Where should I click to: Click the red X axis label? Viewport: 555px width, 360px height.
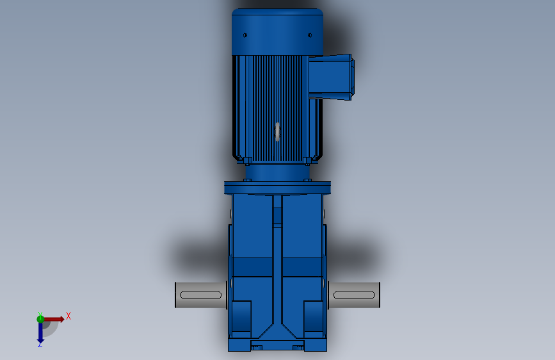[x=68, y=316]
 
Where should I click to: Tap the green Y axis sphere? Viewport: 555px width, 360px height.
[x=40, y=318]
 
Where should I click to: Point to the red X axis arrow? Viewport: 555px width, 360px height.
[x=55, y=318]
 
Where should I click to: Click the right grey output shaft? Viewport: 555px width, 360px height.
[x=355, y=295]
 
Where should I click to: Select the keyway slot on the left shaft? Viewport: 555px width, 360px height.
[x=200, y=295]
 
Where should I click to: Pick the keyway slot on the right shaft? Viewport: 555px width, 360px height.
[x=354, y=295]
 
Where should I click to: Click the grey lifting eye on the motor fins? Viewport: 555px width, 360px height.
[x=277, y=131]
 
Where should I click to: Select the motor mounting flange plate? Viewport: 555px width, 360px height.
[x=277, y=188]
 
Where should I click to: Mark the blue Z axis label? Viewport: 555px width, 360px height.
[x=40, y=345]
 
